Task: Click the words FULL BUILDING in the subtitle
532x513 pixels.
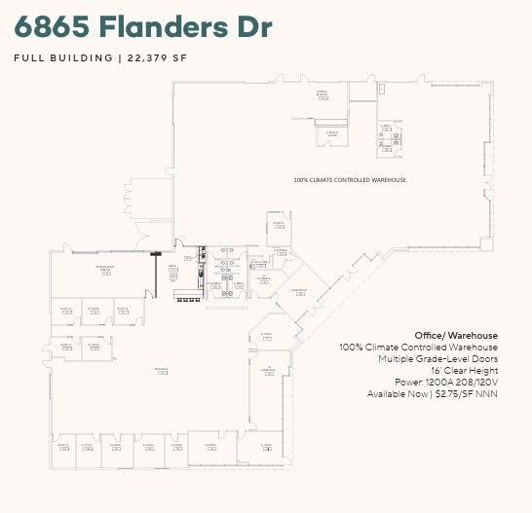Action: pos(63,57)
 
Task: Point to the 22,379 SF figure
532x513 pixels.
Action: pos(153,57)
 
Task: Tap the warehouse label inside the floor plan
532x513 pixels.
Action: pos(349,180)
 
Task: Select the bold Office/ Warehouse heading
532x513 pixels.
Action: pos(456,336)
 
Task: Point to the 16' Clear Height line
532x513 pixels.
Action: pos(465,371)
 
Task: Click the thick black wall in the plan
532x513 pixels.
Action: pos(156,274)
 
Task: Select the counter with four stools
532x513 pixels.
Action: pos(186,294)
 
